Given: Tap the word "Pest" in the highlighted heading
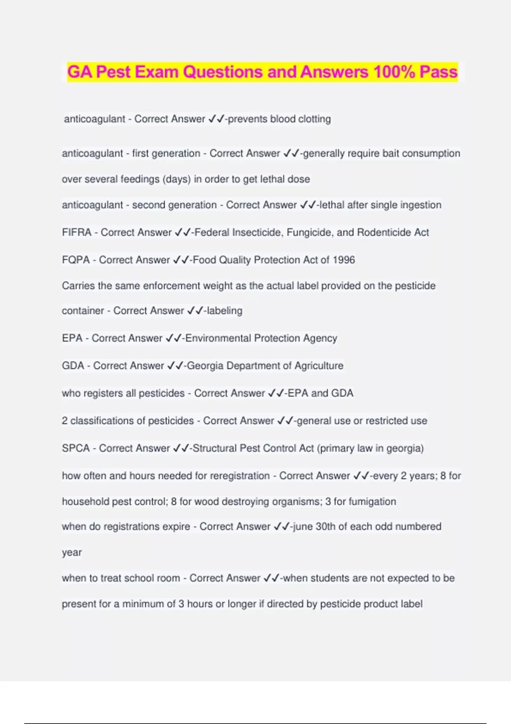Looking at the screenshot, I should (x=113, y=72).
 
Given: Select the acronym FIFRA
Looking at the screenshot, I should (x=77, y=233).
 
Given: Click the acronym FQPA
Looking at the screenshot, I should (x=76, y=260).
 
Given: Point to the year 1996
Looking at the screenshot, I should (x=344, y=260).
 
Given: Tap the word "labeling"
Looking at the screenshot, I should (x=224, y=311).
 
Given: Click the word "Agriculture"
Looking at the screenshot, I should (x=319, y=366).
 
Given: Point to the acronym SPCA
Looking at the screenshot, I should (x=76, y=448).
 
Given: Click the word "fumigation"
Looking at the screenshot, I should (x=372, y=502).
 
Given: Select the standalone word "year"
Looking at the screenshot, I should (x=72, y=553).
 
